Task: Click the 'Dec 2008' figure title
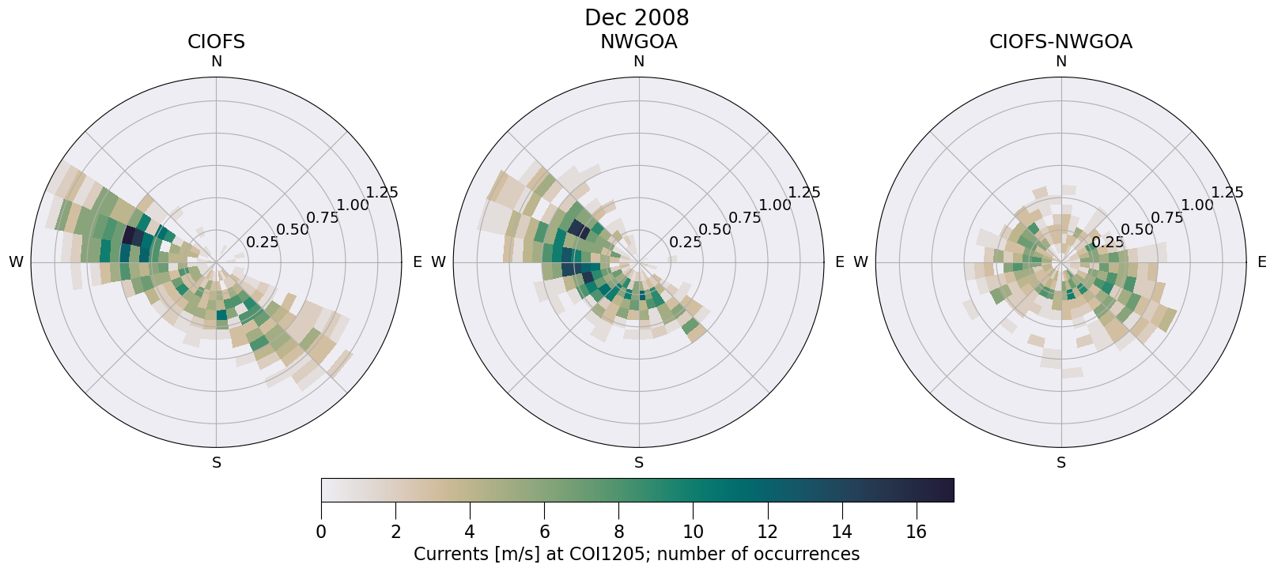[637, 17]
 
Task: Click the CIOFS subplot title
[216, 42]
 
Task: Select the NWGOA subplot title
[638, 42]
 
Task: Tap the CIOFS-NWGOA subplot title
[1060, 42]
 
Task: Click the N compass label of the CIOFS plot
[216, 62]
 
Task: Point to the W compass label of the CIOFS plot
[16, 262]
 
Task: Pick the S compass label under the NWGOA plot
[639, 463]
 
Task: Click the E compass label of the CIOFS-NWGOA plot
[1261, 262]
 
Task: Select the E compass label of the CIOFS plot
[417, 262]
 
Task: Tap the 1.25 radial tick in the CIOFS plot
[383, 192]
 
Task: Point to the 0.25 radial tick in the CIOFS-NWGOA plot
[1107, 242]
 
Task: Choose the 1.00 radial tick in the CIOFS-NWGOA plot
[1197, 205]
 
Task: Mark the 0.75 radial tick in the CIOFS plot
[323, 217]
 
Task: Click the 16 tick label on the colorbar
[916, 532]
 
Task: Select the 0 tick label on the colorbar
[321, 532]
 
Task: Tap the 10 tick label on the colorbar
[693, 532]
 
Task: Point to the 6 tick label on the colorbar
[544, 532]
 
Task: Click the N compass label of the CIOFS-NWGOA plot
[1061, 62]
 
